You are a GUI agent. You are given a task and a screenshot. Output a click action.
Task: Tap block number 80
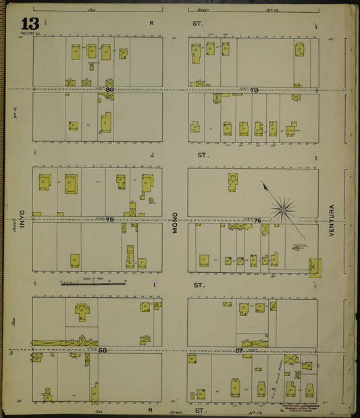point(109,89)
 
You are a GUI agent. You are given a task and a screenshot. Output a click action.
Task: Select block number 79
point(254,90)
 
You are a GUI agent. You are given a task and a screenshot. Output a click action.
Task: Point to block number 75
point(110,219)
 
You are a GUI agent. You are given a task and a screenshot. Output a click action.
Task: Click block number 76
point(257,220)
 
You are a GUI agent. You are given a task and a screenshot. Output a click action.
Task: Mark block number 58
point(102,350)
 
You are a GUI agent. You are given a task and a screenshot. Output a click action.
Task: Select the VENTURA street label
point(332,219)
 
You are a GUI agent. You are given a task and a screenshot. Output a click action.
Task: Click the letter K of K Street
point(152,23)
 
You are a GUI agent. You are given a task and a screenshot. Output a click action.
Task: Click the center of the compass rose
point(282,208)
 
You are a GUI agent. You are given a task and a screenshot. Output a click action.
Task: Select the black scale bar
point(93,284)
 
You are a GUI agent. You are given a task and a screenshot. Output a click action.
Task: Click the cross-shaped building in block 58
point(83,311)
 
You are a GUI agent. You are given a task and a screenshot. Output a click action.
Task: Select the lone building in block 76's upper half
point(232,181)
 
